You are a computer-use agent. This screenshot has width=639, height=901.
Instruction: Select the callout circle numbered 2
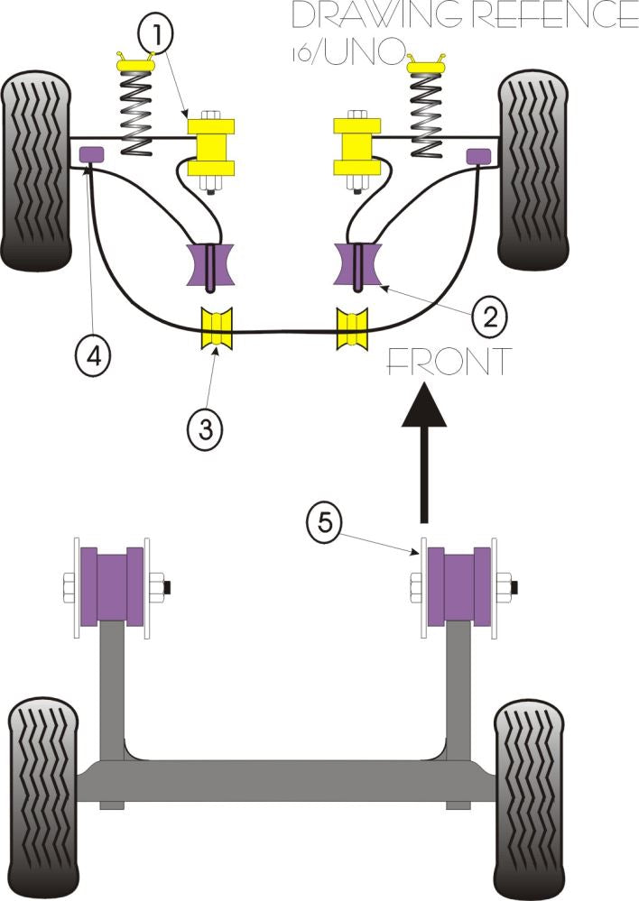pyautogui.click(x=488, y=316)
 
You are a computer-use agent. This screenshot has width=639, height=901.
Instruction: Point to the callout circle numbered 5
pyautogui.click(x=324, y=522)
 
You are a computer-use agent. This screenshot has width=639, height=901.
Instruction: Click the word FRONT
pyautogui.click(x=448, y=362)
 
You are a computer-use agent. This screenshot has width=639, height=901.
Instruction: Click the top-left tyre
pyautogui.click(x=35, y=170)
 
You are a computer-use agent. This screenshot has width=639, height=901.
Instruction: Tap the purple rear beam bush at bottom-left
pyautogui.click(x=111, y=585)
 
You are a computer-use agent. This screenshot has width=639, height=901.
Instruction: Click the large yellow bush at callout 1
pyautogui.click(x=211, y=144)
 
